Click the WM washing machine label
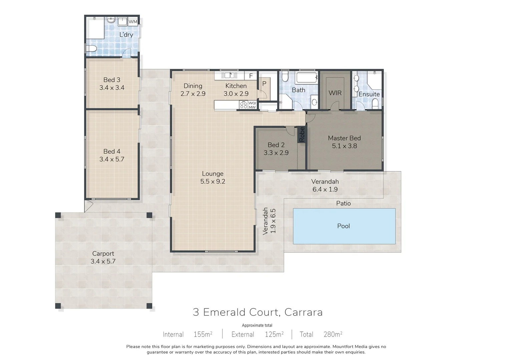pos(133,22)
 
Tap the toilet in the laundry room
pos(91,48)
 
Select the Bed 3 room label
pos(112,80)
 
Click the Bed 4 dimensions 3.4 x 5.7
pos(112,159)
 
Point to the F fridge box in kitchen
pos(251,75)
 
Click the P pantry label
pos(264,84)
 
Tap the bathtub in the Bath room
pos(307,78)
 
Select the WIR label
pos(335,93)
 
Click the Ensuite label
pos(369,94)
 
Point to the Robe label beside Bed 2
pos(302,135)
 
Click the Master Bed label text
pos(344,138)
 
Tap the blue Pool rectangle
pos(344,226)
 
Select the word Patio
pos(343,203)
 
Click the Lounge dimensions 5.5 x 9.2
pos(212,181)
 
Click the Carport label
pos(103,254)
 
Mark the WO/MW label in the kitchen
pos(252,105)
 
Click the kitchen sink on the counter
pos(229,75)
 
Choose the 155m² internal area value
pos(203,334)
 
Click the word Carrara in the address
pos(304,312)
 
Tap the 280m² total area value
pos(333,334)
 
